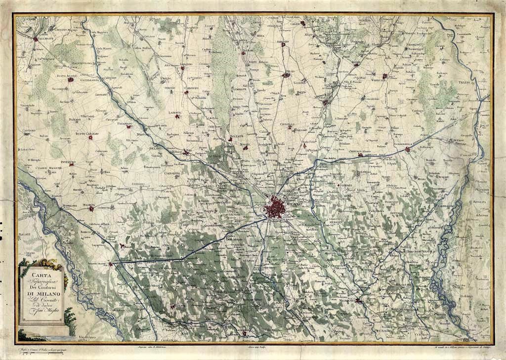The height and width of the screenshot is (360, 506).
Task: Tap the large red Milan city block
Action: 273,208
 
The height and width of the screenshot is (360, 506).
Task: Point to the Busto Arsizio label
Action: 65,75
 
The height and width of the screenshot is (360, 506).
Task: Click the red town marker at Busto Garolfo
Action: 90,138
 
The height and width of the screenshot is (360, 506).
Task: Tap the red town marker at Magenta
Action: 91,209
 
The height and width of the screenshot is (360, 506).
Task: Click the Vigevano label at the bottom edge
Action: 87,336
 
